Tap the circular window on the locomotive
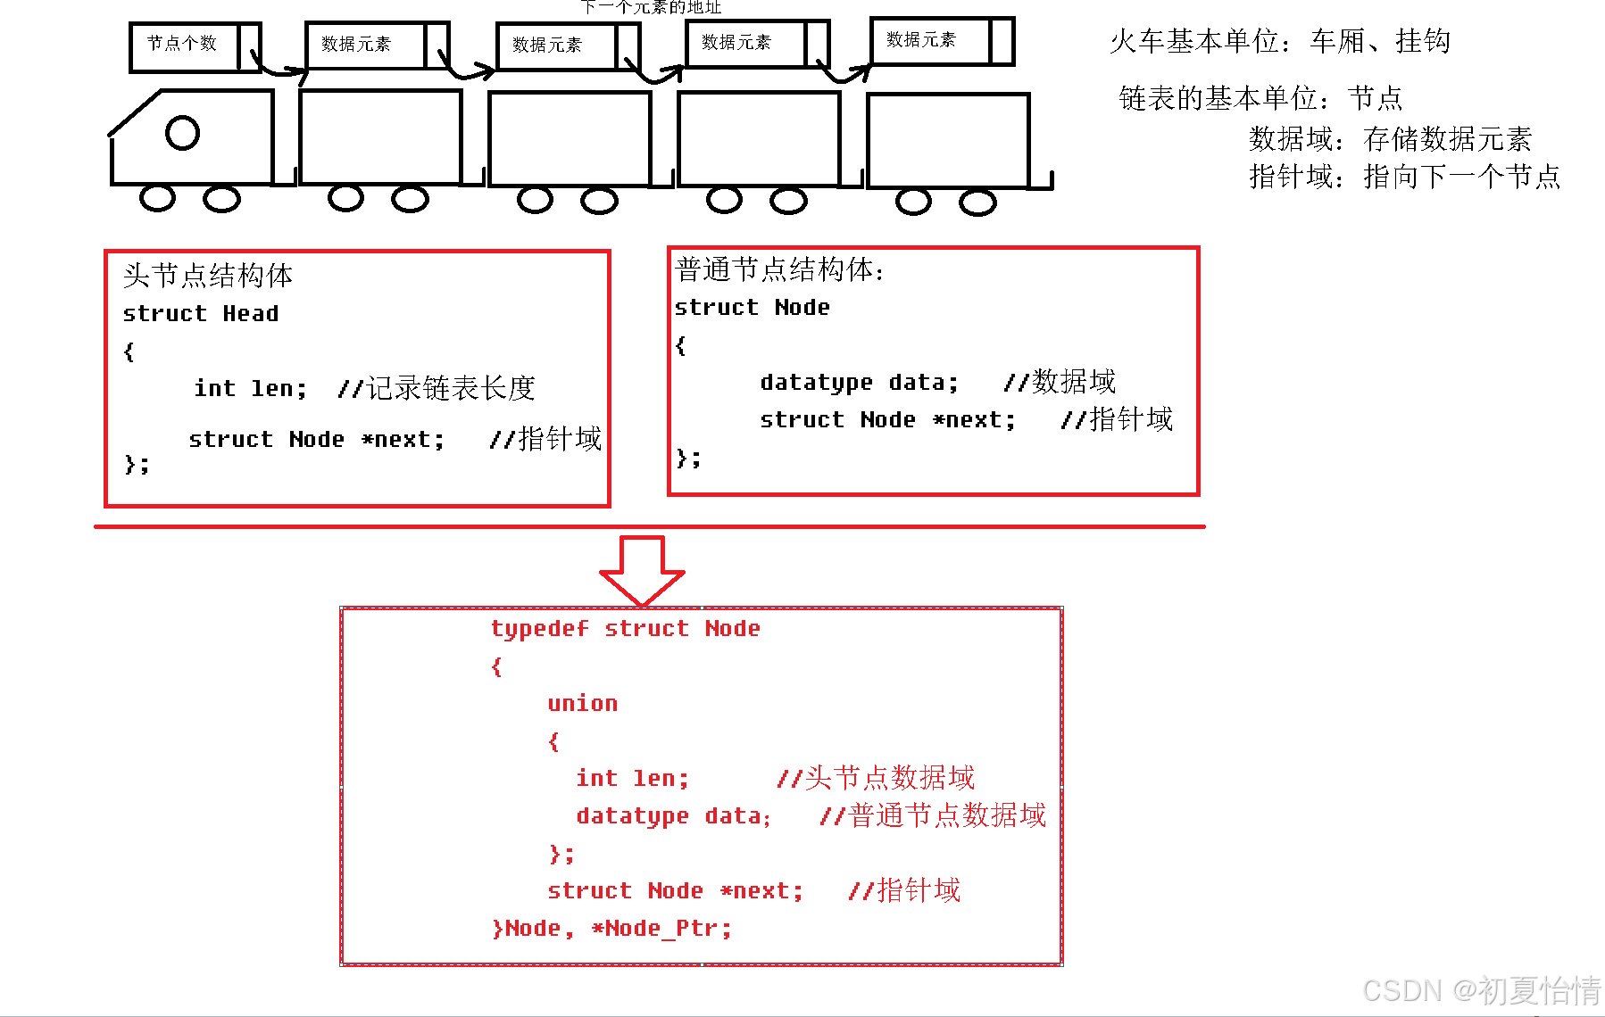pos(182,134)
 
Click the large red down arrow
pos(642,571)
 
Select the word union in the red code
pos(582,704)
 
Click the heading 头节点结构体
pos(208,276)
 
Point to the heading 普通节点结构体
pos(778,269)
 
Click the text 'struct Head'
pos(201,314)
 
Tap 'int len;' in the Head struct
pos(250,389)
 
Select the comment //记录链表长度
pos(436,389)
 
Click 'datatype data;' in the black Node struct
pos(859,383)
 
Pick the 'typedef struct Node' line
pos(625,629)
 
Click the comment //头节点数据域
pos(876,778)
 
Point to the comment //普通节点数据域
pos(932,815)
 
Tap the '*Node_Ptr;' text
pos(661,929)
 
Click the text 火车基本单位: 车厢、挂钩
pos(1279,41)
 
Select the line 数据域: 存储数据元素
pos(1390,139)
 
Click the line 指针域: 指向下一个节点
pos(1404,177)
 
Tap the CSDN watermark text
pos(1481,990)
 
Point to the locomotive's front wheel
pos(158,198)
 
